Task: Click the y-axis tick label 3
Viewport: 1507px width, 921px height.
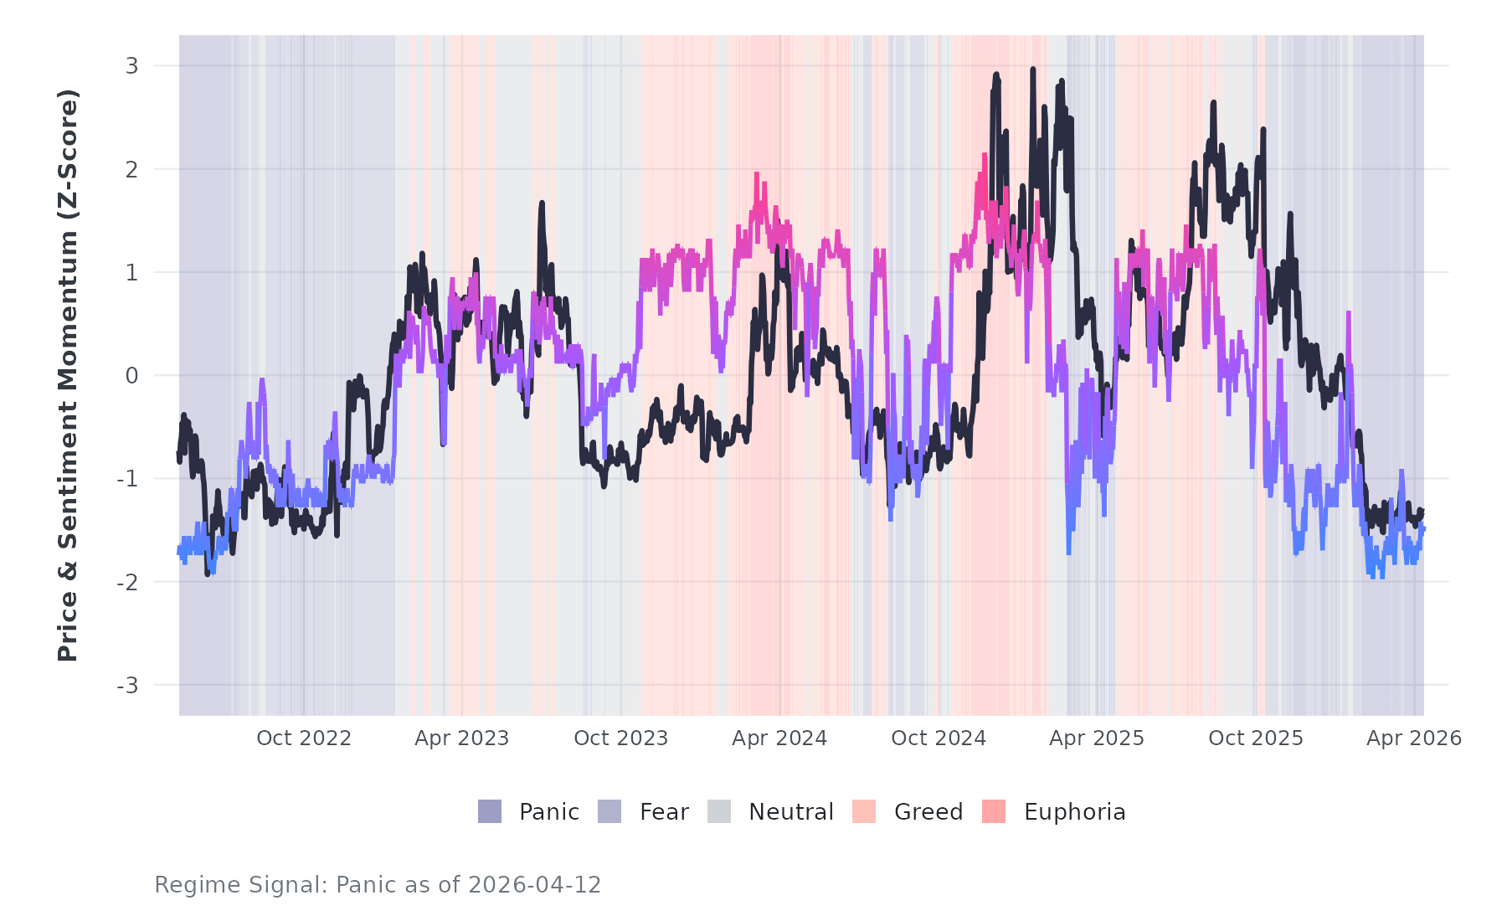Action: pos(131,66)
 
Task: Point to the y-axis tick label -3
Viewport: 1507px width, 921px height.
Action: pos(127,686)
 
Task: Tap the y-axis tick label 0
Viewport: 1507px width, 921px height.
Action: pos(131,376)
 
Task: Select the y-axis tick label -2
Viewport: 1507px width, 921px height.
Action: pos(127,583)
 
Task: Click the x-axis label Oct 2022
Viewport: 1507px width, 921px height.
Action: pos(303,738)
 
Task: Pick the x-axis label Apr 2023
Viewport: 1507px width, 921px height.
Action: pos(461,738)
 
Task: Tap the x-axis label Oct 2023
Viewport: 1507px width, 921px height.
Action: pos(620,738)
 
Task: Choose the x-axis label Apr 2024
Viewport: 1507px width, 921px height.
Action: pos(779,738)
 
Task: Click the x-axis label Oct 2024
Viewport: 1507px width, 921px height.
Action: pos(939,738)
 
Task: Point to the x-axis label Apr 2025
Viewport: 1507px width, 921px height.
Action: pos(1097,738)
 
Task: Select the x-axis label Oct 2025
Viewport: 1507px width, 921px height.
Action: pos(1256,738)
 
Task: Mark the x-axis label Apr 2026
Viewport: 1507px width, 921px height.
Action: pos(1414,738)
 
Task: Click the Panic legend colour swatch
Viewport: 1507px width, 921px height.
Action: pos(490,811)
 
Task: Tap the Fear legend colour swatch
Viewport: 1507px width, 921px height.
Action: pos(609,811)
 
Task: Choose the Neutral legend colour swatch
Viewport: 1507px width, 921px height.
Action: pos(719,811)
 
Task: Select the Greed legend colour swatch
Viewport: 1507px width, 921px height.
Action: pos(864,811)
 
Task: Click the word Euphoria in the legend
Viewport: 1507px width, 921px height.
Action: pos(1074,812)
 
